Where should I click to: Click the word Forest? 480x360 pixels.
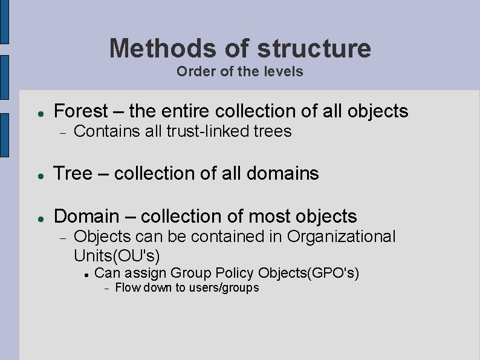pyautogui.click(x=80, y=111)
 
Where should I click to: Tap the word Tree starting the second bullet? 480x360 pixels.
pyautogui.click(x=73, y=174)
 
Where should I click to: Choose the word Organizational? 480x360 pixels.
pyautogui.click(x=341, y=236)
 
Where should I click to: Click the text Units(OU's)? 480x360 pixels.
pyautogui.click(x=117, y=255)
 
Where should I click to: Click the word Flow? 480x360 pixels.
pyautogui.click(x=126, y=288)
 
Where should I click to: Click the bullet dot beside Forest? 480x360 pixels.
pyautogui.click(x=39, y=113)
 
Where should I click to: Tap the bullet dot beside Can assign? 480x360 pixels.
pyautogui.click(x=87, y=275)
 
